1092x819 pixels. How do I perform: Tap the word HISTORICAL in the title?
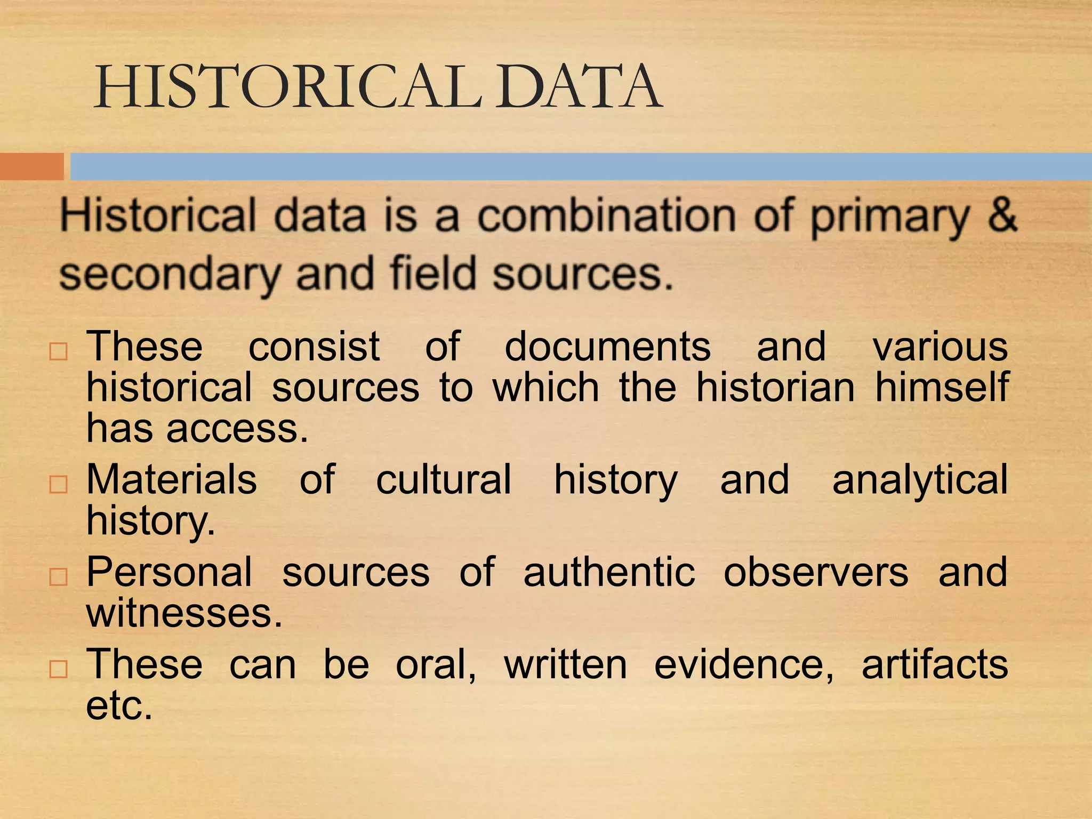pyautogui.click(x=288, y=86)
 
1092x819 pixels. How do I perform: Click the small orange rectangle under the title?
pyautogui.click(x=31, y=166)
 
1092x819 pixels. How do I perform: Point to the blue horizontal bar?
pyautogui.click(x=581, y=166)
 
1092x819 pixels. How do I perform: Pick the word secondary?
pyautogui.click(x=170, y=275)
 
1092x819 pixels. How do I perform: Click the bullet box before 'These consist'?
pyautogui.click(x=58, y=352)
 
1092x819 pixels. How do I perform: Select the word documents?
pyautogui.click(x=607, y=347)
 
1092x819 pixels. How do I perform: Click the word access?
pyautogui.click(x=237, y=428)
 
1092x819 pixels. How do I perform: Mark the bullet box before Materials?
pyautogui.click(x=58, y=485)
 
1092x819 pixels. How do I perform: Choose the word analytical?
pyautogui.click(x=920, y=480)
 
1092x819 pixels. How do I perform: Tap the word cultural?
pyautogui.click(x=444, y=479)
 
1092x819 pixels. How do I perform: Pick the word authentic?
pyautogui.click(x=609, y=573)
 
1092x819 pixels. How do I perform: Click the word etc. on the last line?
pyautogui.click(x=119, y=706)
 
